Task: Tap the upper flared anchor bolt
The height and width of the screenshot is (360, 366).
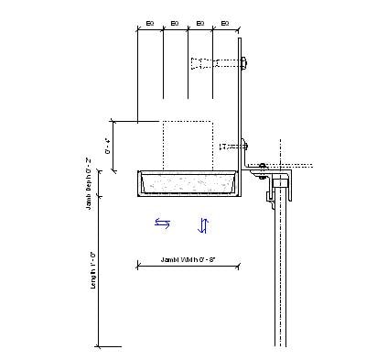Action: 212,63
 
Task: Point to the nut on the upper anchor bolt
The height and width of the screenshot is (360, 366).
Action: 243,63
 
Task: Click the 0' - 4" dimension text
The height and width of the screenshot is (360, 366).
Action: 108,146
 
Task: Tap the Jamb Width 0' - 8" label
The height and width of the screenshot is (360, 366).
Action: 188,259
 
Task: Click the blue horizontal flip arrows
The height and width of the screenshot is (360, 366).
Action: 162,223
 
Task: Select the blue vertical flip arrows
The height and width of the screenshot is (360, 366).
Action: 204,224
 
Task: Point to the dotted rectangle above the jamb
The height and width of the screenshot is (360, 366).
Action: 188,145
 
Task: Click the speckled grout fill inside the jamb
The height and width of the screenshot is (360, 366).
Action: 188,186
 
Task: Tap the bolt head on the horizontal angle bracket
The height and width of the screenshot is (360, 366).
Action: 263,165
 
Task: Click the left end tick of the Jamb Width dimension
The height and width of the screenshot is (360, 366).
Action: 137,266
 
